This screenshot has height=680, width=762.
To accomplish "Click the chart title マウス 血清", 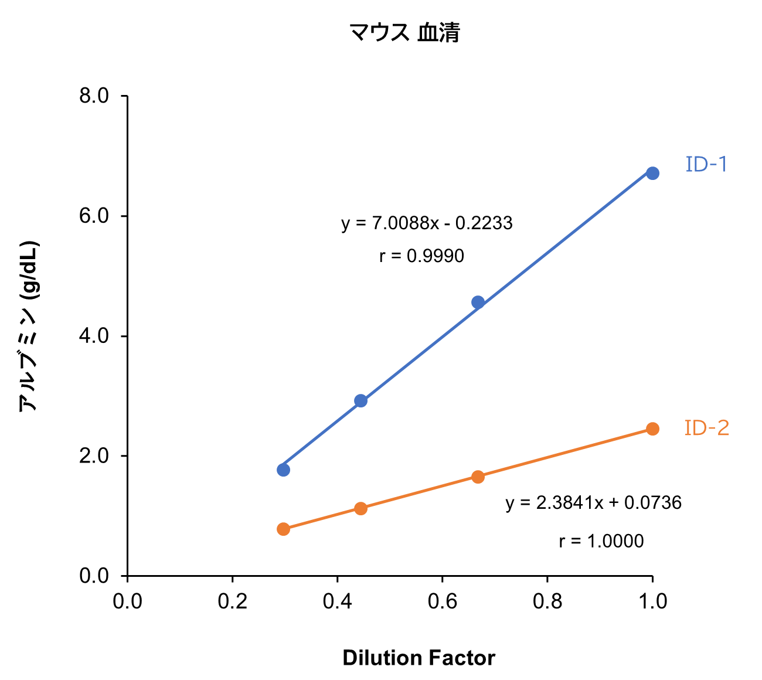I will pyautogui.click(x=404, y=33).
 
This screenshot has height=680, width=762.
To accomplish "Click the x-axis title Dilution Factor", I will pyautogui.click(x=419, y=658).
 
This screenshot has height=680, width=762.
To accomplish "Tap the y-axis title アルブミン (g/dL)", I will pyautogui.click(x=28, y=326).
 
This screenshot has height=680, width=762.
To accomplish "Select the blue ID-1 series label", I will pyautogui.click(x=706, y=165).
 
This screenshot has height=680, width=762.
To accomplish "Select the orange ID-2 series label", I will pyautogui.click(x=707, y=429).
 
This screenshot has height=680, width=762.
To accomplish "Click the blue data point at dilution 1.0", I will pyautogui.click(x=652, y=173).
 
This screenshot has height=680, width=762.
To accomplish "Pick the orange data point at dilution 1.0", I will pyautogui.click(x=652, y=429).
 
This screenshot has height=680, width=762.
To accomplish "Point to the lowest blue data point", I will pyautogui.click(x=283, y=470).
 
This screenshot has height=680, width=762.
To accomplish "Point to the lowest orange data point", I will pyautogui.click(x=283, y=529).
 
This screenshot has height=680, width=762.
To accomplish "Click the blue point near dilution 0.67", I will pyautogui.click(x=478, y=302).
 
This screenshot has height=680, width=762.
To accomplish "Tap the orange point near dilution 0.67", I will pyautogui.click(x=478, y=477).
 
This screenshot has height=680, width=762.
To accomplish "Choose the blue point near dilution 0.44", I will pyautogui.click(x=361, y=401).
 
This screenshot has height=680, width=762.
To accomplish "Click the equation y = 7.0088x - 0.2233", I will pyautogui.click(x=427, y=223).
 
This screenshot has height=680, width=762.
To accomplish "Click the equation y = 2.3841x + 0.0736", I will pyautogui.click(x=593, y=503).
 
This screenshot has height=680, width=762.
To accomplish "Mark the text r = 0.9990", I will pyautogui.click(x=421, y=256).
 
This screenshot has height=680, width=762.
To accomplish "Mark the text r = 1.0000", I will pyautogui.click(x=601, y=541).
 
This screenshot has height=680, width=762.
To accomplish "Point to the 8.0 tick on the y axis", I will pyautogui.click(x=94, y=96).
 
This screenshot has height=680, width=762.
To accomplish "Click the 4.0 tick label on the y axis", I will pyautogui.click(x=94, y=336).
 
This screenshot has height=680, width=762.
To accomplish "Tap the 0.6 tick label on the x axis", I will pyautogui.click(x=443, y=601).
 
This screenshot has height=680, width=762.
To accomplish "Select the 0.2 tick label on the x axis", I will pyautogui.click(x=233, y=601).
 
